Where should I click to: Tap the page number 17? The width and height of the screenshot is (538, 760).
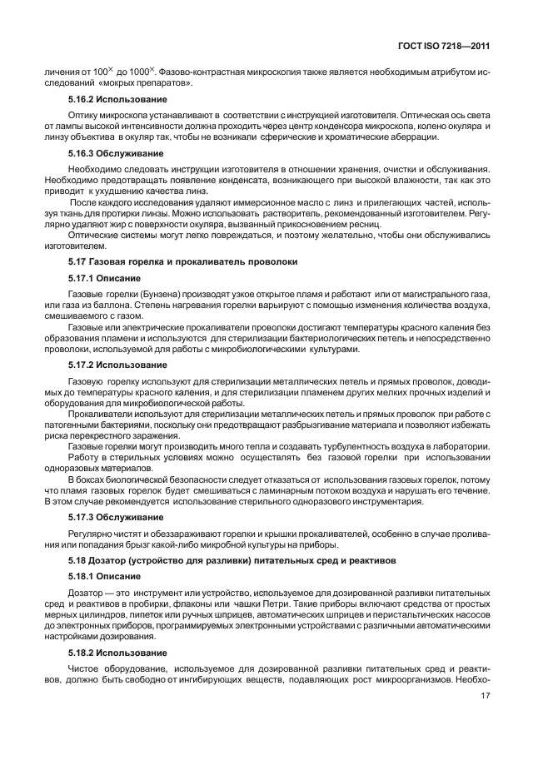pyautogui.click(x=484, y=710)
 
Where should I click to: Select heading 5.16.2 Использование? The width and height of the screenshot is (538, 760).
pyautogui.click(x=108, y=99)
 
